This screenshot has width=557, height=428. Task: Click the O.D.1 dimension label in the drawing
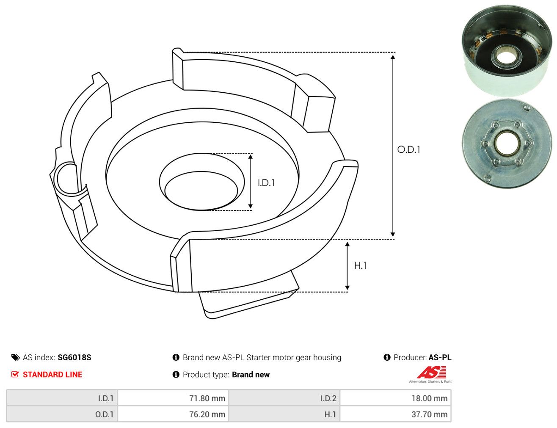click(408, 150)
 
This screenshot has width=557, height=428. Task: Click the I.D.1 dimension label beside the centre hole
click(266, 183)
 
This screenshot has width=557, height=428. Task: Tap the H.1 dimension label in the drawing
click(360, 266)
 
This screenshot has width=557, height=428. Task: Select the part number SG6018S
click(74, 357)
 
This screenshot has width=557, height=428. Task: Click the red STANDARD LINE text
click(52, 374)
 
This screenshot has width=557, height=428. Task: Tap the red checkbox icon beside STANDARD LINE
click(15, 374)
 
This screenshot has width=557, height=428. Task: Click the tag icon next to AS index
click(15, 357)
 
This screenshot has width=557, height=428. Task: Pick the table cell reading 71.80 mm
click(173, 398)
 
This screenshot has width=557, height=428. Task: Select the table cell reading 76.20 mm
click(173, 414)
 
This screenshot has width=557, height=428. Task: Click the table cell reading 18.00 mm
click(395, 398)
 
